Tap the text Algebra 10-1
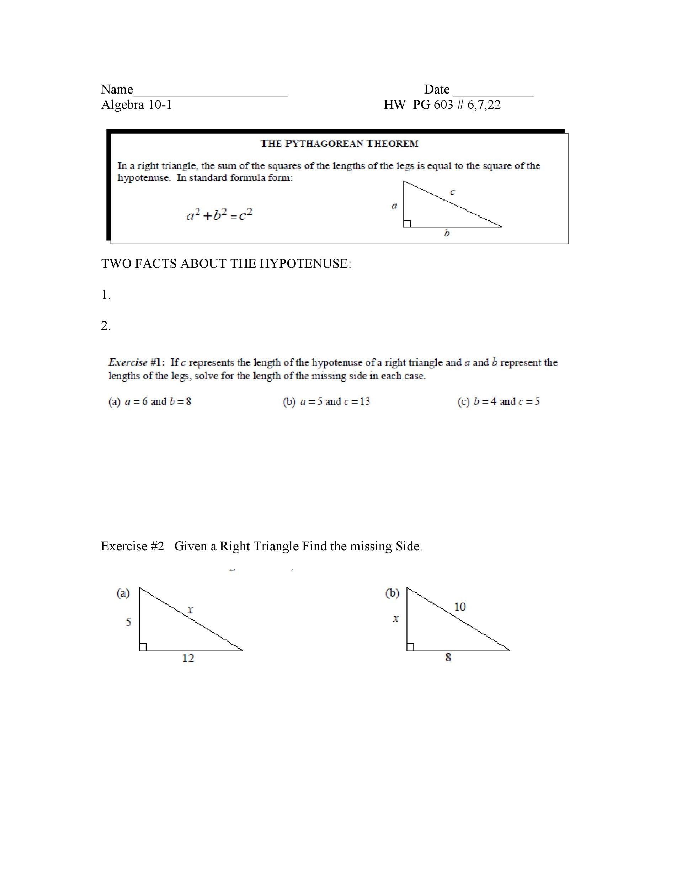tap(136, 105)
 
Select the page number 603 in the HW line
tap(443, 105)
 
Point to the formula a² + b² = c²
tap(219, 214)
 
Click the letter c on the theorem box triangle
tap(453, 191)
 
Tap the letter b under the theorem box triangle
tap(447, 233)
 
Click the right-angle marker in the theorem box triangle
tap(408, 223)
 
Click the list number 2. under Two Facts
tap(105, 326)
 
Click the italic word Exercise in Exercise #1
tap(128, 362)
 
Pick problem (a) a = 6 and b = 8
tap(150, 402)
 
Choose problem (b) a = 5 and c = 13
tap(326, 402)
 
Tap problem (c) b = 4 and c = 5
tap(499, 402)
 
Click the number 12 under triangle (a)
tap(188, 658)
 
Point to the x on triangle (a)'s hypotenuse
tap(190, 610)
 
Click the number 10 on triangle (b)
tap(460, 607)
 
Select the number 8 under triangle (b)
tap(448, 658)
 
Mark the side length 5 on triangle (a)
tap(128, 622)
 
